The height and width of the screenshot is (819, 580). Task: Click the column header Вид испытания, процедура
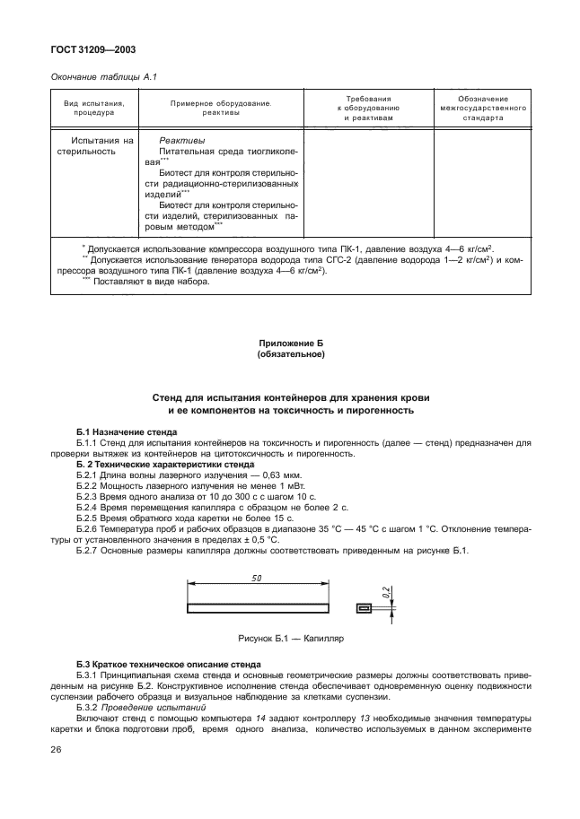point(100,109)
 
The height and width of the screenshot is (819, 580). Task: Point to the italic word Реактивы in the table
point(181,141)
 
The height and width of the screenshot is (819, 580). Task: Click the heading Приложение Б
point(290,344)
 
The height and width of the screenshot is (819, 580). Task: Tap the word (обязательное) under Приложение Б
point(290,354)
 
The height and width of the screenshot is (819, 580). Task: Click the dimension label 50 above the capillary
point(257,580)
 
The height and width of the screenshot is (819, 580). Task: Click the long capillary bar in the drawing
point(257,608)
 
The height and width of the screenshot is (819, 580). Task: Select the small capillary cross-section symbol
point(364,608)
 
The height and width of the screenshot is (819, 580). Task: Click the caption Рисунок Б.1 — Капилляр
point(290,640)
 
